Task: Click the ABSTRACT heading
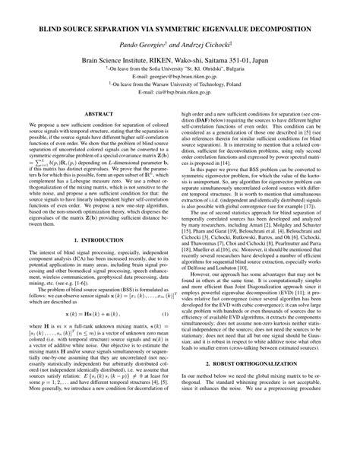click(x=99, y=113)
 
